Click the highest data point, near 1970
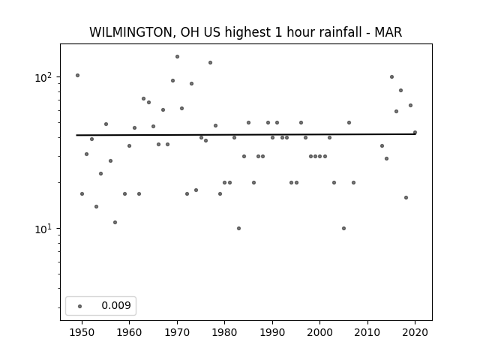[177, 57]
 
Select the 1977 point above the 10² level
[210, 63]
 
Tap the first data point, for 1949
[77, 75]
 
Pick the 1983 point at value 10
[238, 228]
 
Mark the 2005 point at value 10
[343, 228]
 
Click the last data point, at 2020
[415, 133]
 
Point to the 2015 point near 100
[391, 76]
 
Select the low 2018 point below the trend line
[406, 198]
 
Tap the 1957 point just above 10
[115, 222]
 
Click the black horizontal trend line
[246, 134]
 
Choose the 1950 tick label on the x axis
[82, 332]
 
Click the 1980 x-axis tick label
[224, 332]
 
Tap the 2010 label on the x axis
[367, 332]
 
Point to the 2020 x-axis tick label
[415, 332]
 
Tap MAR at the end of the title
[388, 32]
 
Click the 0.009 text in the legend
[116, 305]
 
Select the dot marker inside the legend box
[80, 306]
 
